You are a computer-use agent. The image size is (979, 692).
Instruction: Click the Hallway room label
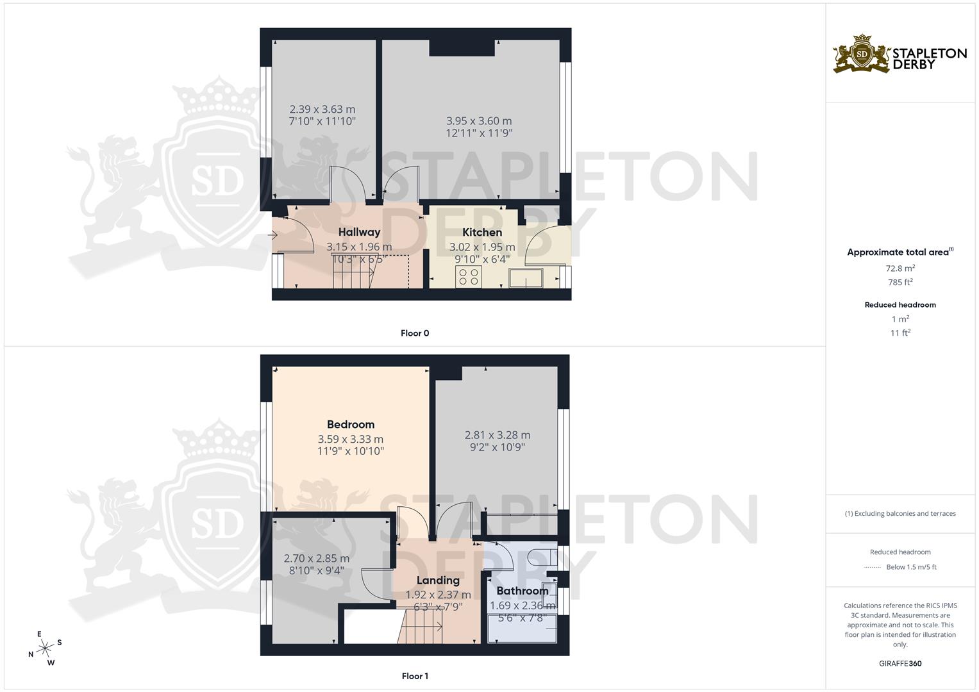pos(359,232)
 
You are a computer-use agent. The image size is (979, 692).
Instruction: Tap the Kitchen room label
pos(482,232)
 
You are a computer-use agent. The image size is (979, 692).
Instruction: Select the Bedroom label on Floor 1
pos(350,424)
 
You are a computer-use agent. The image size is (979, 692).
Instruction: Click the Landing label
pos(438,581)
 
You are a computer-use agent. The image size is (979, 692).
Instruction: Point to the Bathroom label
pos(523,591)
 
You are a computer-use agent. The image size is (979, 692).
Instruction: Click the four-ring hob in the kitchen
pos(469,277)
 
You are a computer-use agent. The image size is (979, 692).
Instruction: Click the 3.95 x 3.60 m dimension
pos(479,121)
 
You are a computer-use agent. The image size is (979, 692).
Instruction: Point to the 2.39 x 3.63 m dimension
pos(322,109)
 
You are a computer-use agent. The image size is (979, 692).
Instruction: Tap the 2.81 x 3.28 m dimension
pos(498,435)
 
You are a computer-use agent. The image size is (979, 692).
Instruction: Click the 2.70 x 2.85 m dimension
pos(317,558)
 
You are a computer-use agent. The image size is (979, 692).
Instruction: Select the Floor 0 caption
pos(415,333)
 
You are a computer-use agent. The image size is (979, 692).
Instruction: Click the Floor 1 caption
pos(415,676)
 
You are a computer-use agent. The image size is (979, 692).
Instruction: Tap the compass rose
pos(46,648)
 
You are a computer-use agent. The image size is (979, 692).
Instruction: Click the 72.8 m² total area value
pos(900,268)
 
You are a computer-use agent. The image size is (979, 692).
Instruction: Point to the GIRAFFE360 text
pos(900,664)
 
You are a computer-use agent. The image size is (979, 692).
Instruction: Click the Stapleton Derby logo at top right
pos(900,54)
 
